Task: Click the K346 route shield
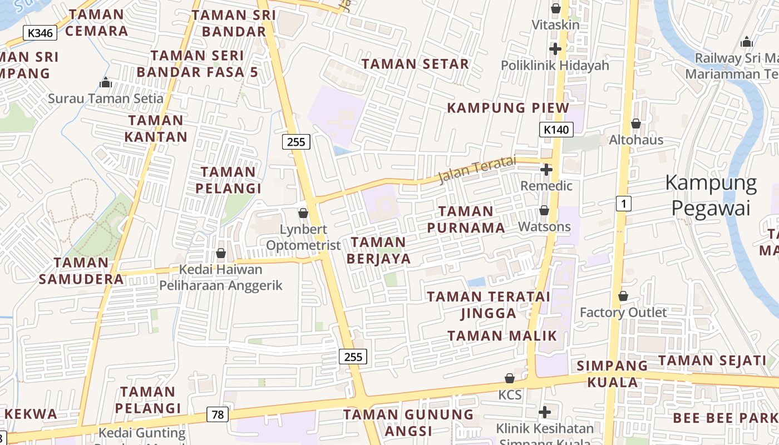[41, 33]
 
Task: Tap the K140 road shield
[556, 130]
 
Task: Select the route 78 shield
[218, 414]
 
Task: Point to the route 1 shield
[624, 204]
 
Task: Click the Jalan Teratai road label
[477, 170]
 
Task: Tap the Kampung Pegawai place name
[711, 195]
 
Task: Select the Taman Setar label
[415, 64]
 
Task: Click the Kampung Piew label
[509, 108]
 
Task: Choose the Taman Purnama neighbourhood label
[466, 219]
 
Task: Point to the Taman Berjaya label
[378, 250]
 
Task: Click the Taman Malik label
[502, 335]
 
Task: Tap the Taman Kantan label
[156, 128]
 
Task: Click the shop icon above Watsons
[544, 211]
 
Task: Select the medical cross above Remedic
[546, 170]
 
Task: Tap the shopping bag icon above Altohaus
[636, 123]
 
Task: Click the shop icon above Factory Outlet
[623, 296]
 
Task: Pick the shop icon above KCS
[510, 378]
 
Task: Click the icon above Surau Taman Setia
[106, 83]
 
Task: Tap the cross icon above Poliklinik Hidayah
[555, 49]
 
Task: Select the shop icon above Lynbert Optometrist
[303, 213]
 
